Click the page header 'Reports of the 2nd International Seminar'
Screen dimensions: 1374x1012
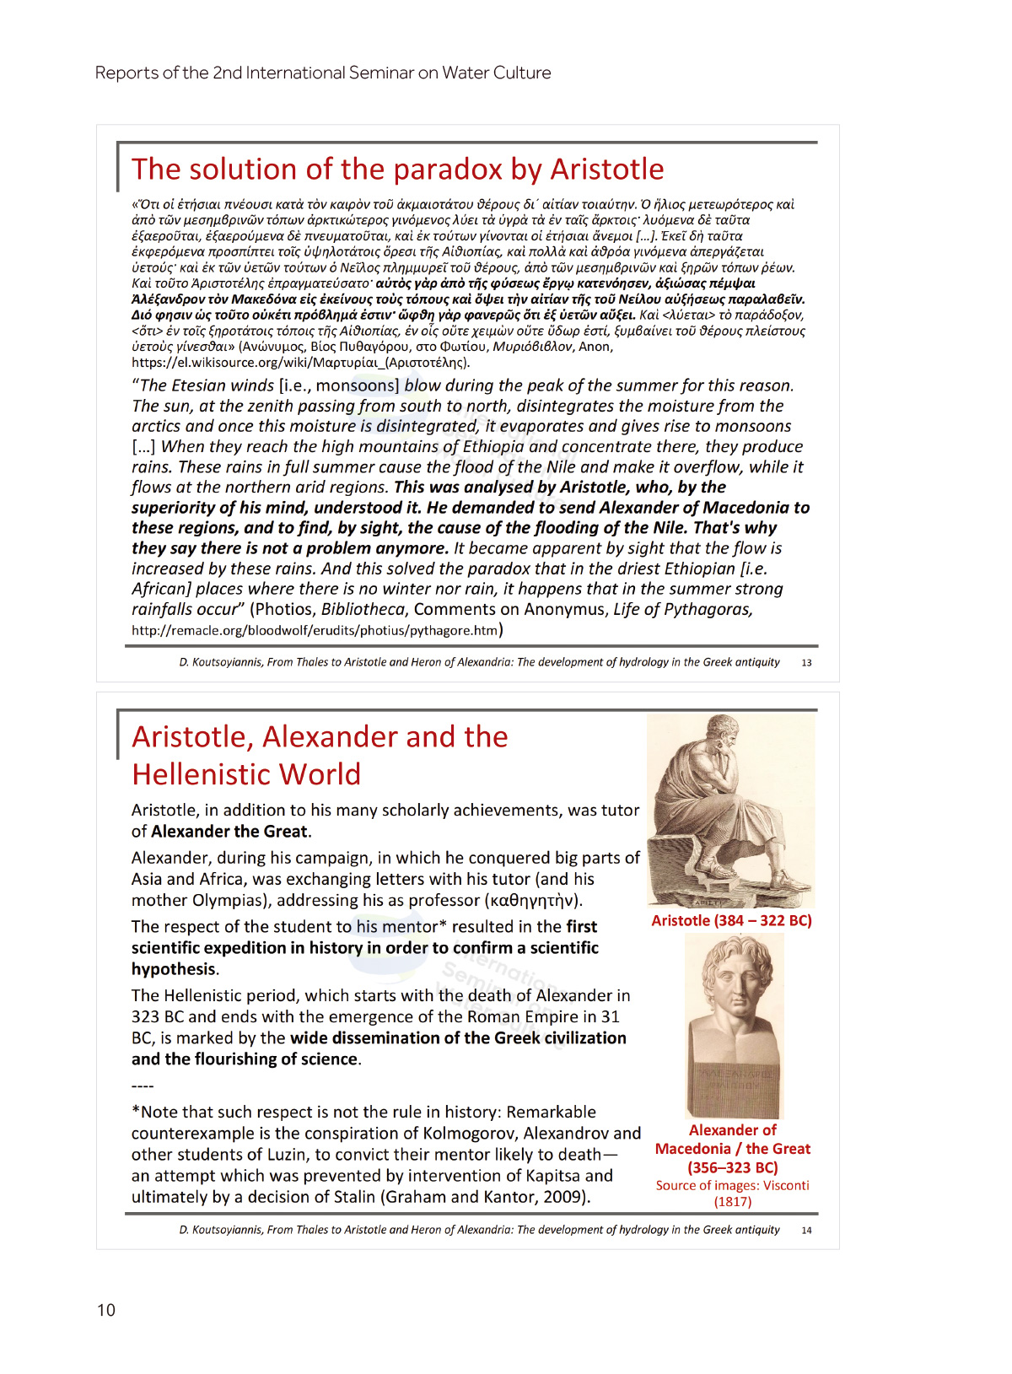(322, 73)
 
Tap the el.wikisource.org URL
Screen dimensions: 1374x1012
(300, 363)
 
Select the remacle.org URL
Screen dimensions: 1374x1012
(315, 630)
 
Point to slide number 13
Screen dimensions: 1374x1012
(806, 663)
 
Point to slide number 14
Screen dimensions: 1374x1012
(806, 1231)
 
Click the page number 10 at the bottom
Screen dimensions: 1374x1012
(106, 1310)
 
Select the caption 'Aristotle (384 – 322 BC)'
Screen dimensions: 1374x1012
(731, 921)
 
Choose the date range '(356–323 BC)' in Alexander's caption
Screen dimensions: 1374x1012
(732, 1168)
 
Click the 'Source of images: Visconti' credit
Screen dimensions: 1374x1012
(732, 1186)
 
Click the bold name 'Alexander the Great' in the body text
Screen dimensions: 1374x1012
(229, 832)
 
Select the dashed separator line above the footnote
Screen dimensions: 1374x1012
(143, 1086)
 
